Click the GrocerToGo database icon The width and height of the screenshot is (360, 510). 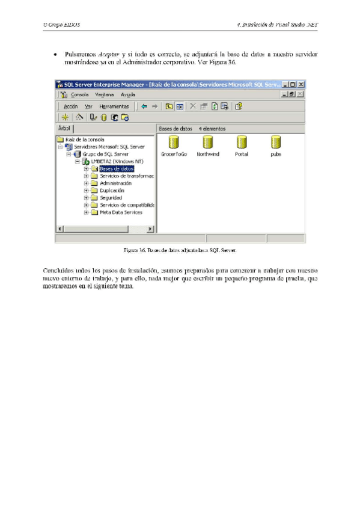coord(174,143)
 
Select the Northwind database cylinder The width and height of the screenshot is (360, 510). coord(208,143)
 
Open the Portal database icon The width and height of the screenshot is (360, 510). coord(242,143)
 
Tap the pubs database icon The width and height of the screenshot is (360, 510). coord(276,143)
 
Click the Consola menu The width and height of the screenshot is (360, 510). coord(79,94)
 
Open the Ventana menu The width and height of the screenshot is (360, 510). coord(104,94)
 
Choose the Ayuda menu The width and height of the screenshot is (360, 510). coord(127,94)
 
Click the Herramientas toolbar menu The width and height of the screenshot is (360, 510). coord(114,106)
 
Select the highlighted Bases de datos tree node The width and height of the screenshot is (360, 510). coord(116,169)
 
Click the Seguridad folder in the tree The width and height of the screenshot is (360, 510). coord(111,197)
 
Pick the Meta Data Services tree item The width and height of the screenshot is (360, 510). coord(121,212)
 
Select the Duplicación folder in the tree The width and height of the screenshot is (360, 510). coord(112,190)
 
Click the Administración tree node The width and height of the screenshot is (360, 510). coord(115,183)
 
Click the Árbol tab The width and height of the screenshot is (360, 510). coord(64,128)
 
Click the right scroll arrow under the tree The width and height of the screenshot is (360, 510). coord(150,229)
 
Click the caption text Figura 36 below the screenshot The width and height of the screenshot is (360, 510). coord(135,249)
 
